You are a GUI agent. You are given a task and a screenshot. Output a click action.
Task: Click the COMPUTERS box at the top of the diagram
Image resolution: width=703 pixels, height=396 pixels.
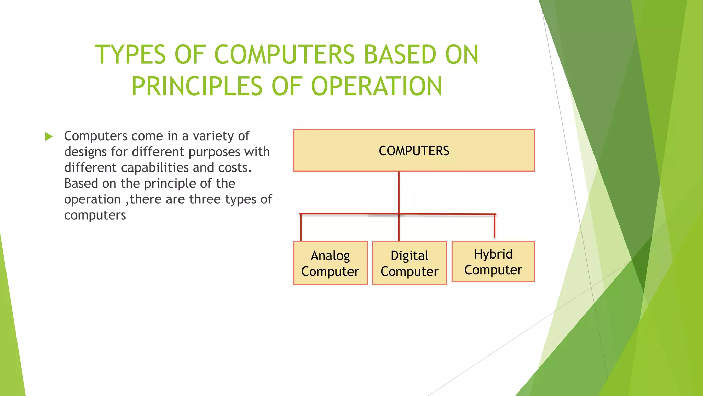pos(414,151)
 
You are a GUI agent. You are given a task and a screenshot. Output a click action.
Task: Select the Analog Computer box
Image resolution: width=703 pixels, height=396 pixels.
pos(330,263)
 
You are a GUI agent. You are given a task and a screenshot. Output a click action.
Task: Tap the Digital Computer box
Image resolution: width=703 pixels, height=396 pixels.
pos(410,263)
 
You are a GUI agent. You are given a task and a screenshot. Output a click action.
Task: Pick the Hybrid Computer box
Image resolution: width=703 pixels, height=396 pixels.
pos(493,262)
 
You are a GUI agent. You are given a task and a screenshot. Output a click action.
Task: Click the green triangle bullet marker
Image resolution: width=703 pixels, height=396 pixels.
pos(49,136)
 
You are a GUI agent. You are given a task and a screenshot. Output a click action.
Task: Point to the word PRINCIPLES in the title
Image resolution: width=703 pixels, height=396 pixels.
pos(197,86)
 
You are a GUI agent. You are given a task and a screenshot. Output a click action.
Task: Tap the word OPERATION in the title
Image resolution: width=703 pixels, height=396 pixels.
pos(377,86)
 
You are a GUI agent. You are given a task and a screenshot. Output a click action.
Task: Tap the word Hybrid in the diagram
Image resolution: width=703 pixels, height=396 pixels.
pos(493,254)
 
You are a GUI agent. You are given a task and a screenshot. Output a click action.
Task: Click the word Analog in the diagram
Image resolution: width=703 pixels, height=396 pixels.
pos(330,256)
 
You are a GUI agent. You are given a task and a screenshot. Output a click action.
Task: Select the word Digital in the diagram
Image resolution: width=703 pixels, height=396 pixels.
pos(410,256)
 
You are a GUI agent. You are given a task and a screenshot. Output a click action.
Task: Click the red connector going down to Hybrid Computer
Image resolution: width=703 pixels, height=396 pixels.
pos(495,226)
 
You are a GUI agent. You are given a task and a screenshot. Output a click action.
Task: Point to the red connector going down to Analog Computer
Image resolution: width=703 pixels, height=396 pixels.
pos(301,227)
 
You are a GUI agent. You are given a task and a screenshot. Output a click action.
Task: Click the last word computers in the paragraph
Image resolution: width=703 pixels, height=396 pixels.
pos(95,215)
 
